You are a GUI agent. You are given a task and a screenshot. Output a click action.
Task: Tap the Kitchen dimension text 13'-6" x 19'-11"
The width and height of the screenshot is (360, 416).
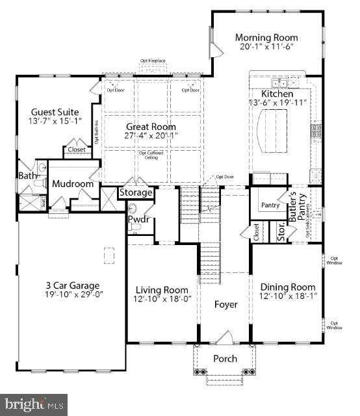click(x=277, y=103)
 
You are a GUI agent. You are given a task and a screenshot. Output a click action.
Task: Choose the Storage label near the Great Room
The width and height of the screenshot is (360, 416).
click(x=136, y=192)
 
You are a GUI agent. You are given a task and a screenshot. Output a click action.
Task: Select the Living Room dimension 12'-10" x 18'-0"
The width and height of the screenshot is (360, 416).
click(x=162, y=299)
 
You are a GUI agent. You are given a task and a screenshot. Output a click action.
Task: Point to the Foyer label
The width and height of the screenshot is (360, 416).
click(x=224, y=304)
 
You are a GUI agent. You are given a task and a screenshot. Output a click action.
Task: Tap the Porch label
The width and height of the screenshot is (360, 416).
click(x=225, y=359)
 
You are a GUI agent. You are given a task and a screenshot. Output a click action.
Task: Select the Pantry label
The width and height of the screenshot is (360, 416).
click(x=270, y=205)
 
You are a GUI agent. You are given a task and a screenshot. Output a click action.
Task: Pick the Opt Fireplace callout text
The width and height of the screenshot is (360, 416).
click(x=153, y=61)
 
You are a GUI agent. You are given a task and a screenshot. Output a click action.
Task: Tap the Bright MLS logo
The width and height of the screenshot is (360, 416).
click(x=34, y=404)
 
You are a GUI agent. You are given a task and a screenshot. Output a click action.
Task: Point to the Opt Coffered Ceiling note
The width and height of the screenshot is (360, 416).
click(x=151, y=155)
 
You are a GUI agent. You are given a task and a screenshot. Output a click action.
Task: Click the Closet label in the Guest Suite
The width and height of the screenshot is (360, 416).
click(x=77, y=149)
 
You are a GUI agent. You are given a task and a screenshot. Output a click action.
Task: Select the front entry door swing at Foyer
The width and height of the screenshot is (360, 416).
click(x=224, y=337)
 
